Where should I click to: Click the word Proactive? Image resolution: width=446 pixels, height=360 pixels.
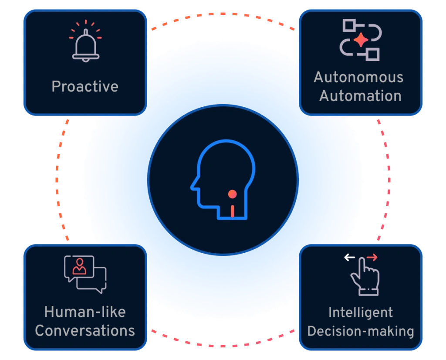point(85,86)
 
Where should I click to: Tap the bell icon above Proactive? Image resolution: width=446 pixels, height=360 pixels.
point(86,45)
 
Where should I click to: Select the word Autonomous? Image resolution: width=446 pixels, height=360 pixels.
point(358,77)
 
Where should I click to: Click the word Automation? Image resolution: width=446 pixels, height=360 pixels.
point(360,95)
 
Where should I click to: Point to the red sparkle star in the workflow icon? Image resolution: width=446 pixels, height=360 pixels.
point(361,40)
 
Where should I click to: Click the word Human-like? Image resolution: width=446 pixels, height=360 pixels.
point(85,312)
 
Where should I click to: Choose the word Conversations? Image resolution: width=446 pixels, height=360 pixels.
point(85,331)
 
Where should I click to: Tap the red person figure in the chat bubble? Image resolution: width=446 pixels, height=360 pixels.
point(80,266)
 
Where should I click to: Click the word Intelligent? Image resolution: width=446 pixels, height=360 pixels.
point(361,312)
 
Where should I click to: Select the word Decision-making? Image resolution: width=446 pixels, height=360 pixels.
point(361,331)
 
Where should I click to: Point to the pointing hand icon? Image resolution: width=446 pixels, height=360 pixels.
point(365,276)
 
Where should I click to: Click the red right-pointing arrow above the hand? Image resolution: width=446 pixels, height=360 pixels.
point(372,258)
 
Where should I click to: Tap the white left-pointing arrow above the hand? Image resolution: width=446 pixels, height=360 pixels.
point(350,258)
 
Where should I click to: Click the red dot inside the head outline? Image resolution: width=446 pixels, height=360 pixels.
point(233,194)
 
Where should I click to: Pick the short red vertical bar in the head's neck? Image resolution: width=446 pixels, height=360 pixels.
point(233,211)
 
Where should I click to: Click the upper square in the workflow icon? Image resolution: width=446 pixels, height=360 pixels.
point(349,25)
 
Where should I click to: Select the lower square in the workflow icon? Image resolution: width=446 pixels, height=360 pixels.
point(373,54)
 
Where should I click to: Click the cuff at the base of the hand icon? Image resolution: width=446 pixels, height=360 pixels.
point(368,292)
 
